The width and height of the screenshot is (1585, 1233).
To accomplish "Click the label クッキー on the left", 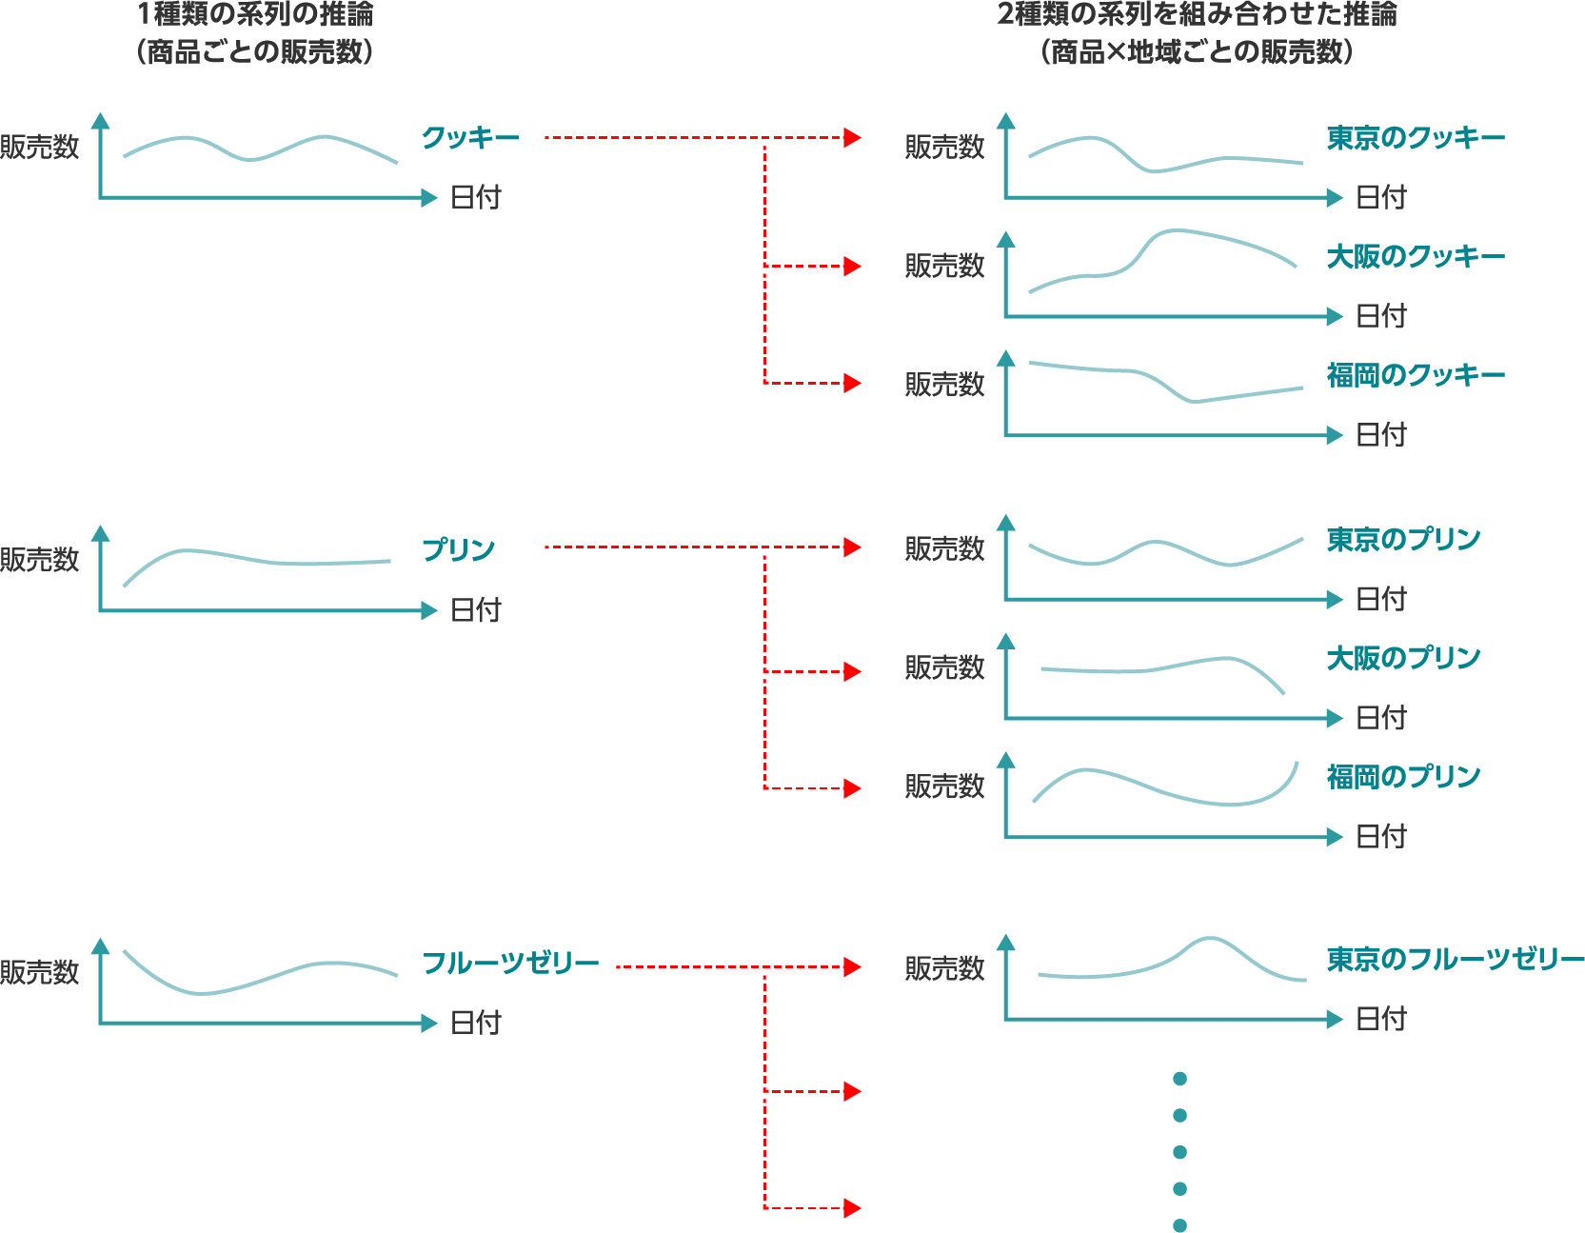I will click(470, 138).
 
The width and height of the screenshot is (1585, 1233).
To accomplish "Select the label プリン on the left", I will click(458, 549).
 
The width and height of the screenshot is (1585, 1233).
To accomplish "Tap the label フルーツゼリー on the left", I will click(510, 964).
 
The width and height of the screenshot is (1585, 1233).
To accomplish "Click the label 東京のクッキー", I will click(1416, 138).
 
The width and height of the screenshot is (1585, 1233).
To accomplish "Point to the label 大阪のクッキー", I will click(1416, 257).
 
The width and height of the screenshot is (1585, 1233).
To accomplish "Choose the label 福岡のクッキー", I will click(1416, 375).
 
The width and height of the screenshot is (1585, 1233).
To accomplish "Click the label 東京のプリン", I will click(1403, 540).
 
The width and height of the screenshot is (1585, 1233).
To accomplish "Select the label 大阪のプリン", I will click(1403, 658).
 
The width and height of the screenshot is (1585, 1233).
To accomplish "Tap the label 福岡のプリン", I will click(1403, 777).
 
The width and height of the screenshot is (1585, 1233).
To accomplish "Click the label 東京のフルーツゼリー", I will click(1456, 959).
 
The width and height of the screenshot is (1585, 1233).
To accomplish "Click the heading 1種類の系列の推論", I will click(255, 14).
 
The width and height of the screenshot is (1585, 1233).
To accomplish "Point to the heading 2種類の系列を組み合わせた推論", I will click(1197, 14).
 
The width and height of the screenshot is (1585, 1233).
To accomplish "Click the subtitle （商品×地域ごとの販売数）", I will click(1197, 51).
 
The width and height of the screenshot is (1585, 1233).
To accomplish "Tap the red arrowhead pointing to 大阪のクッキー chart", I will click(852, 266).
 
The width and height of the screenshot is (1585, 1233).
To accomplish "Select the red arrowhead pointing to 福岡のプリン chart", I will click(852, 788).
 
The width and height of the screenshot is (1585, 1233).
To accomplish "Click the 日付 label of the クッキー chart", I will click(475, 197).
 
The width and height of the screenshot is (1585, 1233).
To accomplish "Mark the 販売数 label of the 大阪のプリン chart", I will click(944, 667).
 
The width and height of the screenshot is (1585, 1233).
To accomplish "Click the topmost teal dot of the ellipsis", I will click(1180, 1079).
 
